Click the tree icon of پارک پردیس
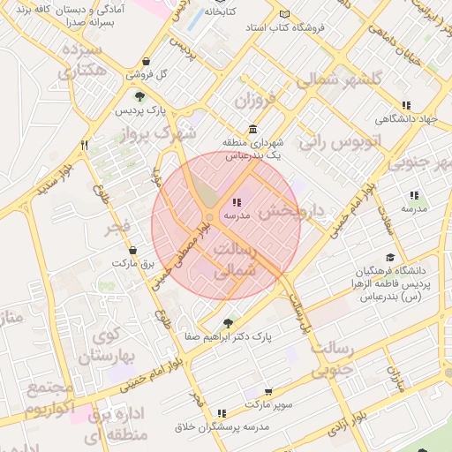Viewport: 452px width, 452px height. point(139,96)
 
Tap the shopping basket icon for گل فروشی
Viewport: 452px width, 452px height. point(146,62)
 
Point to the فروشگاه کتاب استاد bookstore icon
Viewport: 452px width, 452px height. point(283,15)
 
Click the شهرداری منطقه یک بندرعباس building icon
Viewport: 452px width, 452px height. point(253,129)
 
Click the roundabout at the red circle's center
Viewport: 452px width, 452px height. point(209,217)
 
